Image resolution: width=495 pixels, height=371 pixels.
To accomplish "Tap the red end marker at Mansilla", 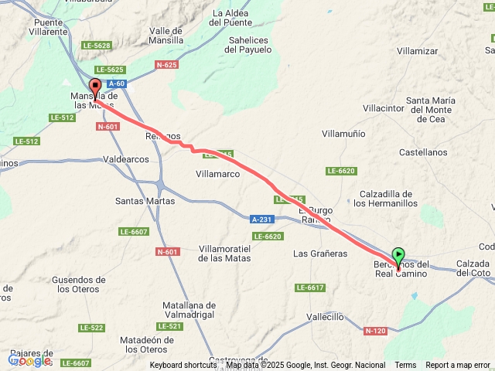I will click(95, 87).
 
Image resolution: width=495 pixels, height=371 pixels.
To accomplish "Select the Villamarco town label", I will click(219, 175).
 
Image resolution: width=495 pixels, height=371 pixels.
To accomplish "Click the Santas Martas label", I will click(145, 201).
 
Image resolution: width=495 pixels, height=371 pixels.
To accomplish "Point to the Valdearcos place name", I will click(126, 159).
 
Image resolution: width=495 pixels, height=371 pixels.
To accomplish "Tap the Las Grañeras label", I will click(319, 254).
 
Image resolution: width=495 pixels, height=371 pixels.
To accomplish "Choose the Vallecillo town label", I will click(325, 317).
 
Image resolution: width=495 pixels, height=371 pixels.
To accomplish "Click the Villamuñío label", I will click(343, 134).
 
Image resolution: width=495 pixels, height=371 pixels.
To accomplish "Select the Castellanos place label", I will click(424, 153).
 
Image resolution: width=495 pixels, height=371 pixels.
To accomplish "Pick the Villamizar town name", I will click(417, 51).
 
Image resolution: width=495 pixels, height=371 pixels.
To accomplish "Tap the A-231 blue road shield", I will click(262, 220).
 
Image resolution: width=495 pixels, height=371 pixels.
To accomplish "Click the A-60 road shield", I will click(117, 83).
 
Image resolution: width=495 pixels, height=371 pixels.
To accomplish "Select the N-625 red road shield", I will click(166, 65).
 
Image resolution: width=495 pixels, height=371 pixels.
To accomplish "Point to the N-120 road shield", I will click(375, 332).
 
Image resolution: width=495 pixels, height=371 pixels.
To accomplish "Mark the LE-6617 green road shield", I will click(309, 288).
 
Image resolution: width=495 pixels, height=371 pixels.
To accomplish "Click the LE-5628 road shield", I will click(97, 46).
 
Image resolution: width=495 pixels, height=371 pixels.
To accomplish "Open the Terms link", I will click(405, 366).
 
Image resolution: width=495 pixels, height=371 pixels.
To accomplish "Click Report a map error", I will click(458, 366).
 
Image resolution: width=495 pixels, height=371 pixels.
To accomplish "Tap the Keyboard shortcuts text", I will click(183, 366).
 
